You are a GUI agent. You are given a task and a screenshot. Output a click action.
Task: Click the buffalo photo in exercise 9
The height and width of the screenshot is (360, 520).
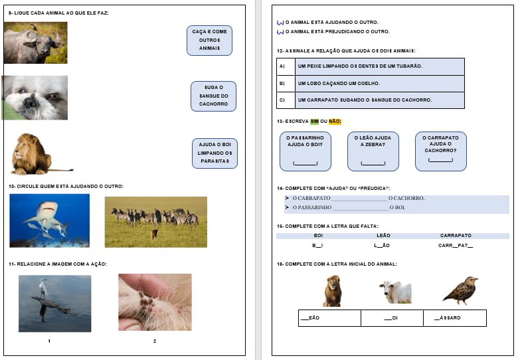click(x=35, y=43)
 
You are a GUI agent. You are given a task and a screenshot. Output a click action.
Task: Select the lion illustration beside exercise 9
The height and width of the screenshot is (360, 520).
click(x=37, y=154)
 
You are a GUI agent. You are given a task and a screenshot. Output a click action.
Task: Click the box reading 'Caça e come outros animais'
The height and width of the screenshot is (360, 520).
click(x=209, y=40)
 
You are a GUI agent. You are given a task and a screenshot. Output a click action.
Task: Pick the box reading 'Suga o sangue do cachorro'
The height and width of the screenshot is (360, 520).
click(x=213, y=96)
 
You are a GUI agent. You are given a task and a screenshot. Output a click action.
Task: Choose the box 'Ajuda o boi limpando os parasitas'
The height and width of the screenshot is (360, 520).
click(x=215, y=153)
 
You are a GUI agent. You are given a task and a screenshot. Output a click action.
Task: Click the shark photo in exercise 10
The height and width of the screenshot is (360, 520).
click(x=49, y=221)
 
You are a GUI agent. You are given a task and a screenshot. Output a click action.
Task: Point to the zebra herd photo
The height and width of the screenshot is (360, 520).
click(x=155, y=222)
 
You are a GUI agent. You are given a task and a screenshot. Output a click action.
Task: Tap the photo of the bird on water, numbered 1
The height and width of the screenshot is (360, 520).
click(x=54, y=303)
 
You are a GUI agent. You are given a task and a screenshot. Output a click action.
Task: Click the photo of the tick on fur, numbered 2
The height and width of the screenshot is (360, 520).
click(x=155, y=302)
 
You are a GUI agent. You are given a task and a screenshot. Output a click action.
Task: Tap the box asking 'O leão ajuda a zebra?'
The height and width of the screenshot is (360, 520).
click(x=373, y=151)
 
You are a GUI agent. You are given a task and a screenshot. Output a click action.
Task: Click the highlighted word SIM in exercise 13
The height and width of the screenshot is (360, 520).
click(x=314, y=122)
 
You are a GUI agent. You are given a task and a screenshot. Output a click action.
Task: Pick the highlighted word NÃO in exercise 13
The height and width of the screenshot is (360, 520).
click(x=335, y=122)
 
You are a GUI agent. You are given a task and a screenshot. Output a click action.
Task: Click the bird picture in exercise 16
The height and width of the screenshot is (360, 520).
click(x=460, y=291)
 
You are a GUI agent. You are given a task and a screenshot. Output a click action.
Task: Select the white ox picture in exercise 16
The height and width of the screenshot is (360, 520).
click(x=395, y=292)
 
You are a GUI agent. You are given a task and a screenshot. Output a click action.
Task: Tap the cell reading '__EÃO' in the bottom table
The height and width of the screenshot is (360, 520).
click(x=329, y=318)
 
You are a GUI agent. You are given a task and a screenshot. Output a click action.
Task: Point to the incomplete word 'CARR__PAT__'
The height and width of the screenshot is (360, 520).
click(x=456, y=246)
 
